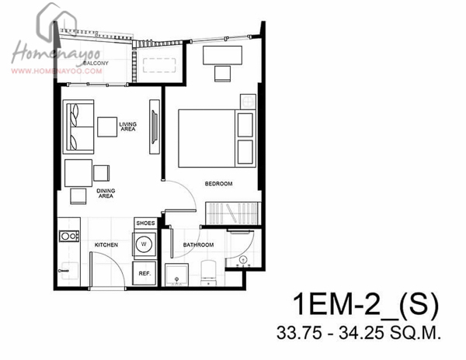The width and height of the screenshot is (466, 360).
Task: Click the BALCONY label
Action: [x=96, y=63]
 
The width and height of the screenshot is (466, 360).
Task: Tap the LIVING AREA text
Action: [x=128, y=126]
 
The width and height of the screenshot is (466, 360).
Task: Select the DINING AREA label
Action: [x=106, y=193]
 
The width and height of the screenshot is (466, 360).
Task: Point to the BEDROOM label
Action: [x=218, y=184]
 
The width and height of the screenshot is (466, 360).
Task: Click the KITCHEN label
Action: [x=106, y=245]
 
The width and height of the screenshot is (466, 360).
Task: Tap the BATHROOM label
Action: [x=198, y=245]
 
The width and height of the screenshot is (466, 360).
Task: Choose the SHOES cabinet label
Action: [x=145, y=223]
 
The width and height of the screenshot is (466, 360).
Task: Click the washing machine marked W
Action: [x=144, y=244]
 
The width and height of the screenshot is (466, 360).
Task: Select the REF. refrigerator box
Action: [x=144, y=273]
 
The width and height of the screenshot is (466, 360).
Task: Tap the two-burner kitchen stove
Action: [x=69, y=236]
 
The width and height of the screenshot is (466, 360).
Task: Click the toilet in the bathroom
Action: [x=208, y=273]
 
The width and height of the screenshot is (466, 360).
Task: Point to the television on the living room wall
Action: [x=155, y=127]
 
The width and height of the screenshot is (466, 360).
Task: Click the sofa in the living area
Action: [x=78, y=126]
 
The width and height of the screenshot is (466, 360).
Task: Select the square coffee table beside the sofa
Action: [x=107, y=127]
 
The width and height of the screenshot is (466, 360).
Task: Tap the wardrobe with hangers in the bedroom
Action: [x=233, y=213]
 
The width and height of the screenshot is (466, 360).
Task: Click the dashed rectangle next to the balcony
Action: [x=159, y=65]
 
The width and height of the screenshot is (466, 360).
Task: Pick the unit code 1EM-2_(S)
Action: [x=366, y=304]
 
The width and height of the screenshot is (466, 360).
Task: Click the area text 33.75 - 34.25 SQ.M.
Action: [x=359, y=333]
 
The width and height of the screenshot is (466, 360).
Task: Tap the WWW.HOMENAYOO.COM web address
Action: [x=57, y=71]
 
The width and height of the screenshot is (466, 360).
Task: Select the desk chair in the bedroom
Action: [x=222, y=74]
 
